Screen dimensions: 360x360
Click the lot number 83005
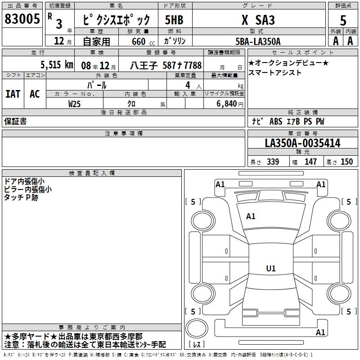click(22, 18)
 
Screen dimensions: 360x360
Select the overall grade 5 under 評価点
click(343, 20)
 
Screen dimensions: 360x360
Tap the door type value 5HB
click(174, 20)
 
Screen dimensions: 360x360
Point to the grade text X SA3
click(258, 20)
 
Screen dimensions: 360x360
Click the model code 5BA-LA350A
click(258, 41)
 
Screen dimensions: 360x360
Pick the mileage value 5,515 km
click(57, 65)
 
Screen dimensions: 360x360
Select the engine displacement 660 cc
click(143, 42)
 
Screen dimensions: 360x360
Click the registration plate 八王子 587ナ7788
click(166, 66)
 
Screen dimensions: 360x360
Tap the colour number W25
click(74, 104)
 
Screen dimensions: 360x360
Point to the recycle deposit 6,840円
click(230, 104)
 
